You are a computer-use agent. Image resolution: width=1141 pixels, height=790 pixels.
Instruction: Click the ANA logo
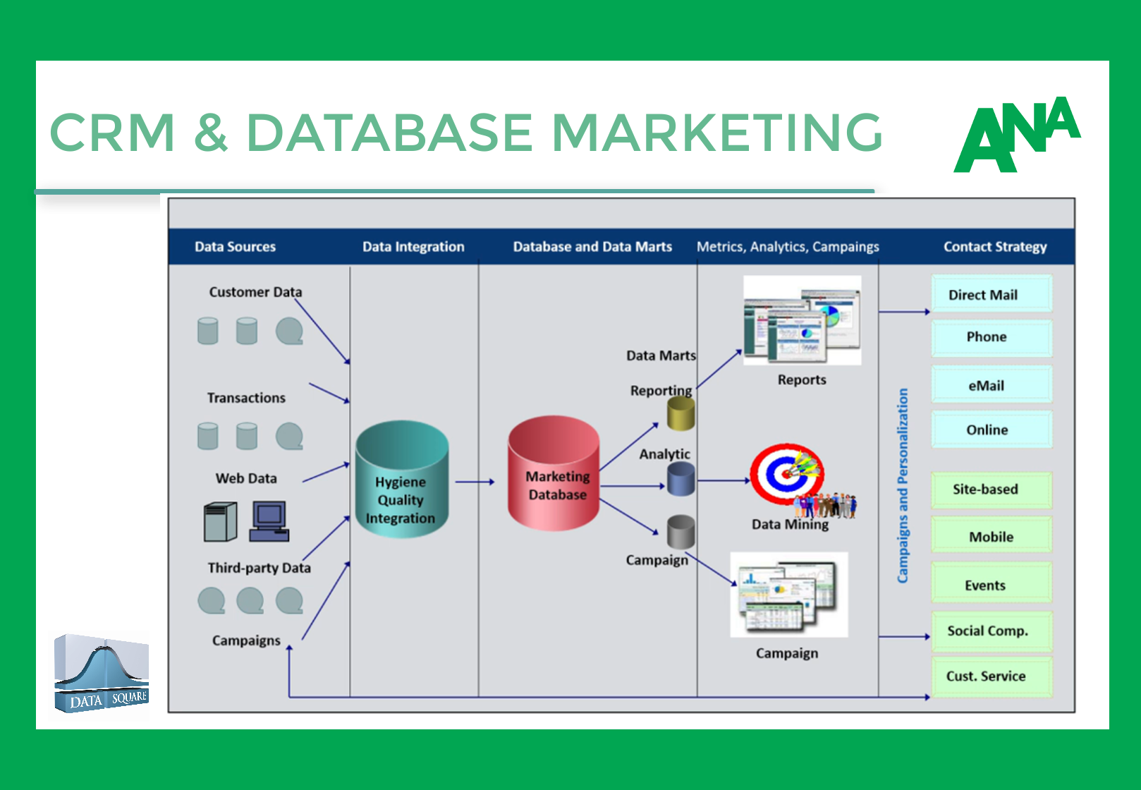click(x=1017, y=135)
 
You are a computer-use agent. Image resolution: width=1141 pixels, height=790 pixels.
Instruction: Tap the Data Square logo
click(x=102, y=674)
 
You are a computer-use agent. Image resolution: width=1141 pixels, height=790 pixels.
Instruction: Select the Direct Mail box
click(x=991, y=294)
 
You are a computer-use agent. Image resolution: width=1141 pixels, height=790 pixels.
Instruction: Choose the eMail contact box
click(x=991, y=385)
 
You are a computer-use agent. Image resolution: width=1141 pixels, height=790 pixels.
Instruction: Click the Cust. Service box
click(x=991, y=676)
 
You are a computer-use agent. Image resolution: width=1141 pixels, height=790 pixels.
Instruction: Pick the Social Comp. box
click(x=991, y=631)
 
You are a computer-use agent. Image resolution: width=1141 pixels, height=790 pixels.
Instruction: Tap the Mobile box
click(x=991, y=536)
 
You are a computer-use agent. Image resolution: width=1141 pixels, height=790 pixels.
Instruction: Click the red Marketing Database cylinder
click(x=554, y=473)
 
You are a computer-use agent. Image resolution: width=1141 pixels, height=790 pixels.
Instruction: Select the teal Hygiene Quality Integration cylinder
click(x=402, y=480)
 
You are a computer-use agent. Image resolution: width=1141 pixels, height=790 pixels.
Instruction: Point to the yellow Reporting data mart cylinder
click(x=681, y=413)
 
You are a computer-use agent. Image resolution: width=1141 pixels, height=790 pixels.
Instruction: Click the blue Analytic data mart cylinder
click(x=681, y=480)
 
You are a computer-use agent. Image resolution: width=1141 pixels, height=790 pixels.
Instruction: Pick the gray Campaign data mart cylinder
click(x=681, y=532)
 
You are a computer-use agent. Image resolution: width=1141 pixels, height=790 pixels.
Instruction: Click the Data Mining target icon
click(x=787, y=473)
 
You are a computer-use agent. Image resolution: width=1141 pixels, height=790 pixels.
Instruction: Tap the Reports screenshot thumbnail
click(x=803, y=321)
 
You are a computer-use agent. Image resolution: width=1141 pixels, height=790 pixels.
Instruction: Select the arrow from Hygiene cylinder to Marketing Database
click(x=475, y=482)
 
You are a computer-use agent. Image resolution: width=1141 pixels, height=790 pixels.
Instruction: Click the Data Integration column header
click(x=413, y=247)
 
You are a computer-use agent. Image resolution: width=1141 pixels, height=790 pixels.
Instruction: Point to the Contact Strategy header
click(x=995, y=247)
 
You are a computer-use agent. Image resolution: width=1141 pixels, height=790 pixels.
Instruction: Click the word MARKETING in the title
click(x=716, y=133)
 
